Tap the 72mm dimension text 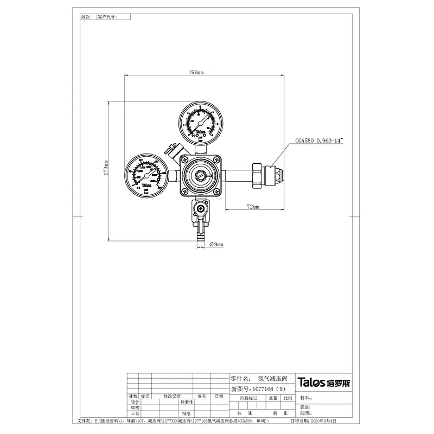pyautogui.click(x=252, y=207)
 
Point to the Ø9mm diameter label pyautogui.click(x=216, y=245)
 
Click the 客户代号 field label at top pyautogui.click(x=106, y=17)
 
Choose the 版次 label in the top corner pyautogui.click(x=86, y=17)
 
